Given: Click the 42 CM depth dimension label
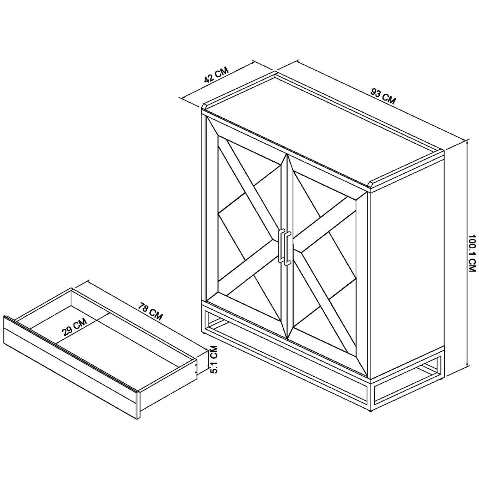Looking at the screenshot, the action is [x=216, y=75].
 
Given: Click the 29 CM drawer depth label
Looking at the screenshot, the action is [x=75, y=327].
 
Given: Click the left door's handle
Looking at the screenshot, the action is [x=281, y=245].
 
